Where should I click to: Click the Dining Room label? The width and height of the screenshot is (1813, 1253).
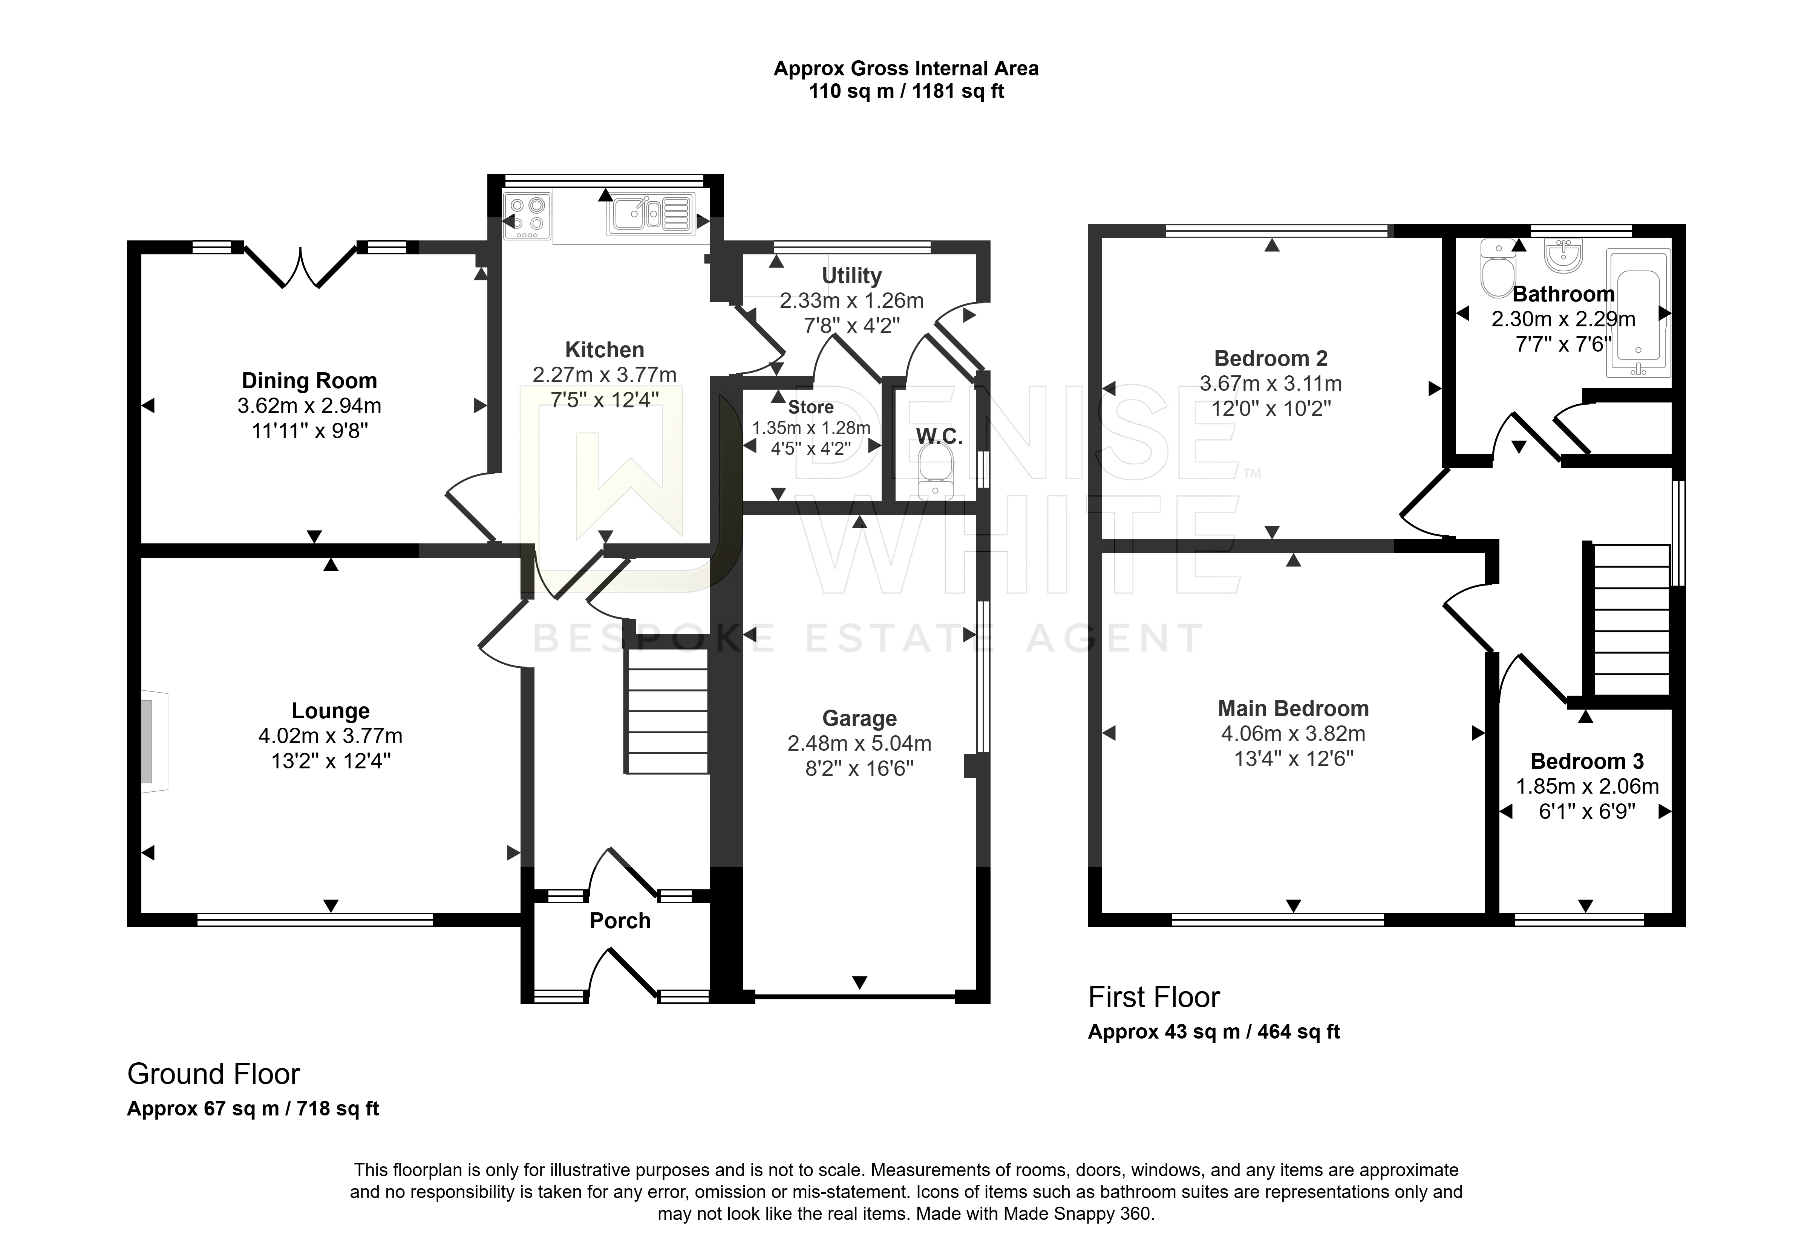[309, 381]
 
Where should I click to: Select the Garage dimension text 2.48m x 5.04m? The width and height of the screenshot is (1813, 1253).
[860, 744]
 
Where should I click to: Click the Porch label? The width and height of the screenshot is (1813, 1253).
[620, 921]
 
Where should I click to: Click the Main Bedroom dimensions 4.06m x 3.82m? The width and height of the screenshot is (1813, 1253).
[1293, 734]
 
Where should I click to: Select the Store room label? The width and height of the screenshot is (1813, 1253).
[811, 407]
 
